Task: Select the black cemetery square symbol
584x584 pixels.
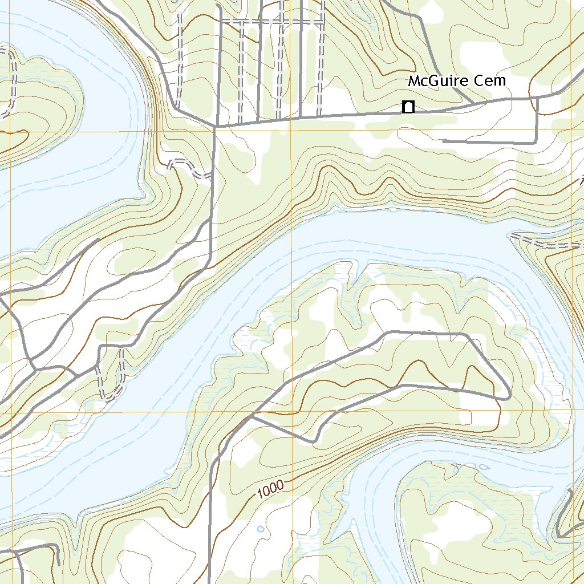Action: point(408,107)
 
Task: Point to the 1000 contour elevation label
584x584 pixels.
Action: point(270,490)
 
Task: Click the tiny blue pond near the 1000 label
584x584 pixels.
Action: point(261,529)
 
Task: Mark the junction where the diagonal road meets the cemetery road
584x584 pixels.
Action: point(215,125)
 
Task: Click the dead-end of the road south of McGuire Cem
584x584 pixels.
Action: point(444,141)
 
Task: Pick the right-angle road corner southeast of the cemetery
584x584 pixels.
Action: point(537,143)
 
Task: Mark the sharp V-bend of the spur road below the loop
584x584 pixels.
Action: point(313,441)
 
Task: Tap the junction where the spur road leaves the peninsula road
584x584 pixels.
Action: point(251,416)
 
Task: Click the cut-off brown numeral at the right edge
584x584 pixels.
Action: point(581,183)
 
